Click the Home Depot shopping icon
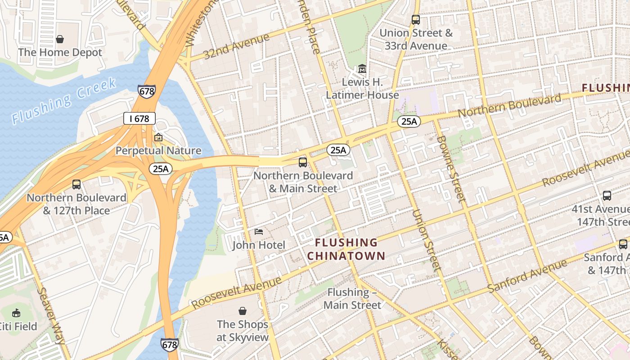tap(60, 39)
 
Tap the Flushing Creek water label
tap(64, 101)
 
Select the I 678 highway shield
tap(139, 119)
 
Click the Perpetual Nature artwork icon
tap(158, 137)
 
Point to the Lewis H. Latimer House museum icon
tap(362, 69)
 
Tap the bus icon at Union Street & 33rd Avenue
tap(416, 20)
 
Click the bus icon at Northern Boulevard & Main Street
tap(303, 162)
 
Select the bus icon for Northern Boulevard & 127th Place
tap(76, 184)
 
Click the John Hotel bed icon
tap(259, 232)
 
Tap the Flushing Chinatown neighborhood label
tap(346, 249)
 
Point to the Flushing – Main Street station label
tap(352, 298)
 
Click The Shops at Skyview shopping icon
tap(243, 311)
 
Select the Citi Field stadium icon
tap(17, 313)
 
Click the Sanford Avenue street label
tap(527, 275)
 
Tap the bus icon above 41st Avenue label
tap(607, 196)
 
